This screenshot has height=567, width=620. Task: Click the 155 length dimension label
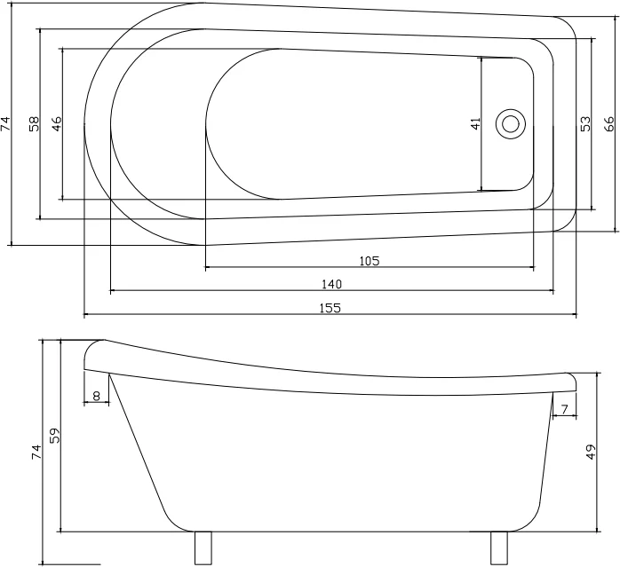[330, 307]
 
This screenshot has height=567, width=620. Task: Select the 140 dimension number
[331, 284]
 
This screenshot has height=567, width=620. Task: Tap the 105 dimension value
[370, 261]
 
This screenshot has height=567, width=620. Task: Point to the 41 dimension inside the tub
[476, 123]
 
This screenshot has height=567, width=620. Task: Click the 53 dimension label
[585, 123]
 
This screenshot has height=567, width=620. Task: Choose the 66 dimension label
[609, 123]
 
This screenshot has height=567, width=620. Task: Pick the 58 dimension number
[35, 123]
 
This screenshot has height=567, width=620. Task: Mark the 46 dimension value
[57, 123]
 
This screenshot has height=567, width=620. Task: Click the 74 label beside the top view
[5, 123]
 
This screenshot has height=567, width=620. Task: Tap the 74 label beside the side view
[36, 452]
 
